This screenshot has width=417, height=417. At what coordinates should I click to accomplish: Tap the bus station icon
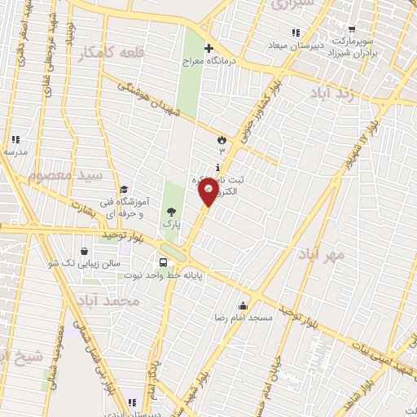pyautogui.click(x=164, y=262)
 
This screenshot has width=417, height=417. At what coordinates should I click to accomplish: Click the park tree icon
pyautogui.click(x=169, y=211)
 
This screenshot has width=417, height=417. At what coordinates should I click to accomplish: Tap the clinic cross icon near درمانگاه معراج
pyautogui.click(x=209, y=49)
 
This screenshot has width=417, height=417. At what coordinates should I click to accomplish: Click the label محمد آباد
pyautogui.click(x=112, y=301)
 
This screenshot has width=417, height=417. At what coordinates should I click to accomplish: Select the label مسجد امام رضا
pyautogui.click(x=242, y=315)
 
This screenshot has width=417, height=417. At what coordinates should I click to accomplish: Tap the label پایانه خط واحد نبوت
pyautogui.click(x=224, y=276)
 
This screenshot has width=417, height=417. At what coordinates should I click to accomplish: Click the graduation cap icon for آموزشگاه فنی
pyautogui.click(x=124, y=189)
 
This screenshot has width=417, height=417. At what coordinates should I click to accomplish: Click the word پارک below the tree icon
pyautogui.click(x=169, y=222)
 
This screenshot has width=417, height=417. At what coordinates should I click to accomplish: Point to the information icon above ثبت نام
pyautogui.click(x=216, y=167)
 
